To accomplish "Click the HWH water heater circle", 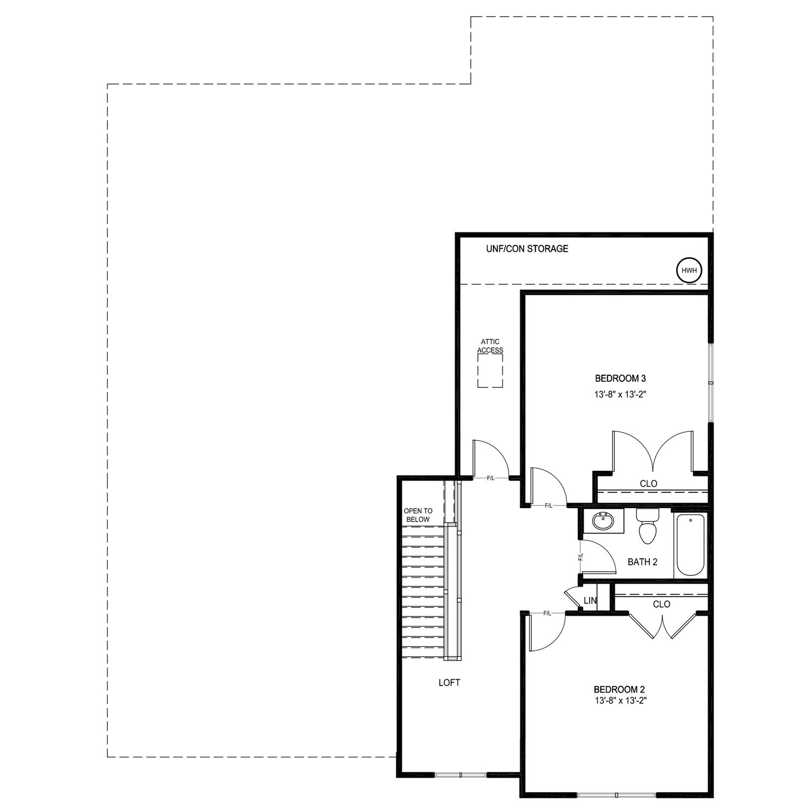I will [x=689, y=270].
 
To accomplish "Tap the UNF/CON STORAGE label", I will [x=527, y=249].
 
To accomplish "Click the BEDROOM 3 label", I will [x=620, y=378].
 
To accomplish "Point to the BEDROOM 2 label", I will [x=619, y=689].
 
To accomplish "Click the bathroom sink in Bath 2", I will [x=602, y=522].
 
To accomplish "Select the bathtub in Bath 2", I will [x=690, y=545].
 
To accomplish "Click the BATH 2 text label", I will [x=642, y=562].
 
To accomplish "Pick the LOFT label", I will [x=449, y=683].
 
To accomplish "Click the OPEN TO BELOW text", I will [x=418, y=515].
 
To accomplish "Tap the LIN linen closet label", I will [x=590, y=601].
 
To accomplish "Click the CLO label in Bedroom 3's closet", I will [x=648, y=484].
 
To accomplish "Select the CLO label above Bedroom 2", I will [x=661, y=604].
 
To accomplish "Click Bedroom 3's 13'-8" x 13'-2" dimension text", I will [x=620, y=395].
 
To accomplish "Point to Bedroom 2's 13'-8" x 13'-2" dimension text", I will [x=619, y=701].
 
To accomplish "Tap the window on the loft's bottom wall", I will [x=461, y=775].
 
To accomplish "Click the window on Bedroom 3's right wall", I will [x=711, y=382].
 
